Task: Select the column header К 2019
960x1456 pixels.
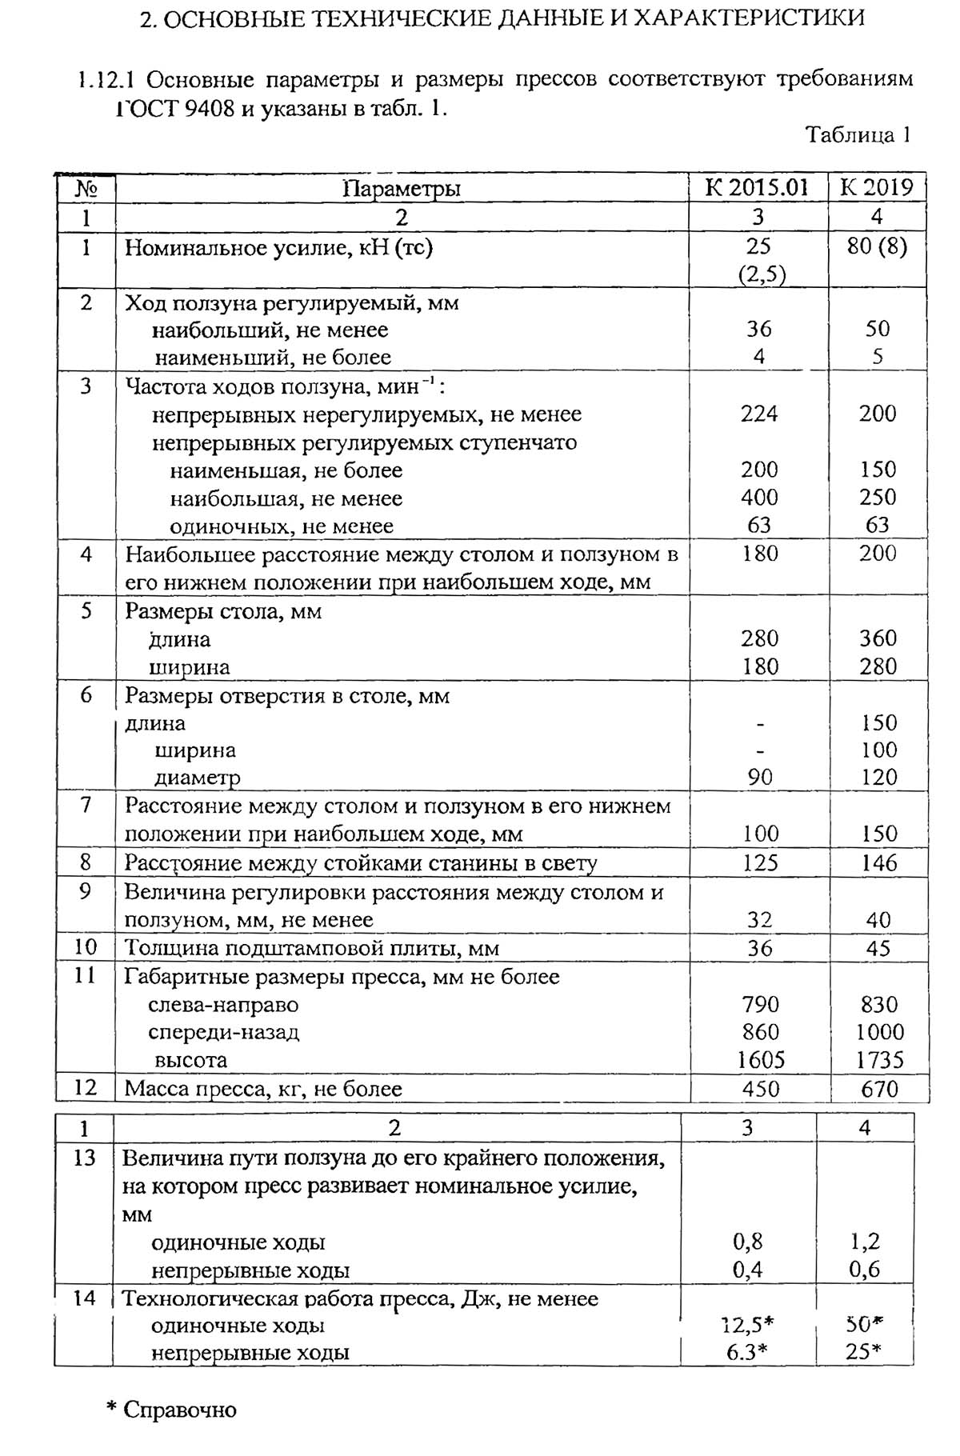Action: (877, 188)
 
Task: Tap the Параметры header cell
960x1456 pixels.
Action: (402, 189)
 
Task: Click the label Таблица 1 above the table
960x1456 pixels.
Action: (858, 134)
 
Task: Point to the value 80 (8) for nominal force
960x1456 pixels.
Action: (877, 246)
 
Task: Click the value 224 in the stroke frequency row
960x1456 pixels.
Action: (758, 414)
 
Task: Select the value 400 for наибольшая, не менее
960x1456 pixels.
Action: (758, 498)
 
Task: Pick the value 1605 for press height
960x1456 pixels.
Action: (760, 1060)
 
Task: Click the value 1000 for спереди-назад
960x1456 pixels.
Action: (879, 1032)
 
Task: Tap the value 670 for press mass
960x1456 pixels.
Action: (879, 1089)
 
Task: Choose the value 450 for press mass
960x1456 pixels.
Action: (759, 1089)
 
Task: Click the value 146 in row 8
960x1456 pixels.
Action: (878, 863)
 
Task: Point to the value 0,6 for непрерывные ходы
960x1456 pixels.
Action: (864, 1270)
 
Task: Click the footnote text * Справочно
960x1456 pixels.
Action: (172, 1410)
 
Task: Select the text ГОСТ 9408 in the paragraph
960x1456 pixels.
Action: (175, 108)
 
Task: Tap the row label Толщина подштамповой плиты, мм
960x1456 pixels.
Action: (311, 949)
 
